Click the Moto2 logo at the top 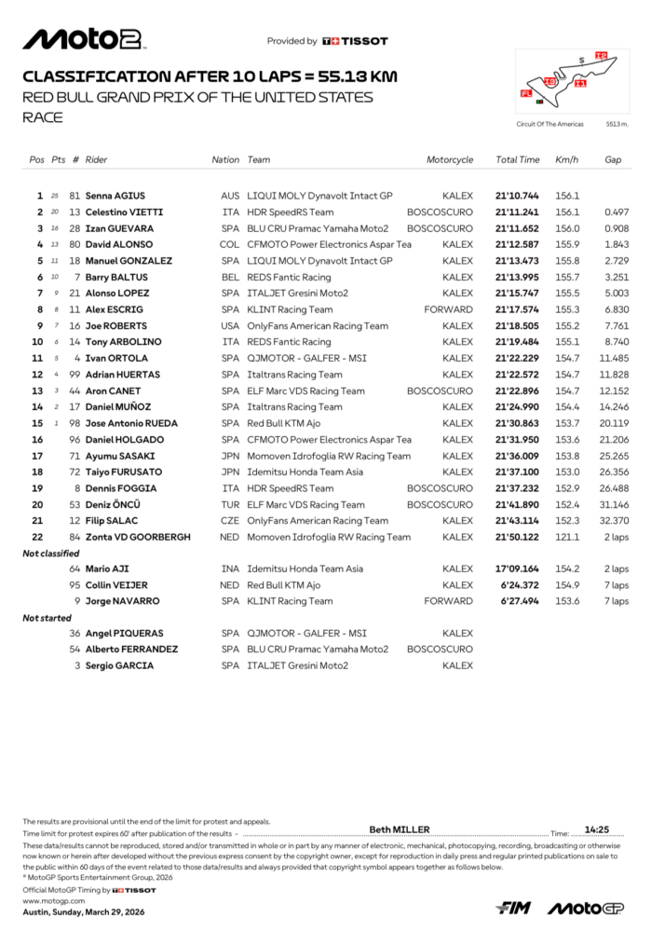pos(83,39)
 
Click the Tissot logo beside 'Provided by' pos(355,41)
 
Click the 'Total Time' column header pos(517,159)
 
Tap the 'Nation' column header pos(225,159)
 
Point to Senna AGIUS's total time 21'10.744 pos(517,196)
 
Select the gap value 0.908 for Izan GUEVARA pos(612,228)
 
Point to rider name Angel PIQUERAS pos(121,633)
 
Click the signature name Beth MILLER pos(400,829)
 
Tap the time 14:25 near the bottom pos(596,829)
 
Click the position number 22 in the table pos(38,537)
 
